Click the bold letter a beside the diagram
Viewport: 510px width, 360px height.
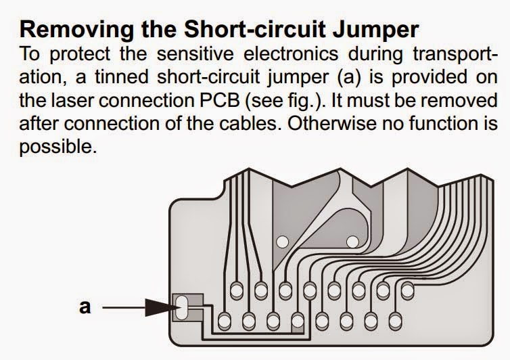click(85, 307)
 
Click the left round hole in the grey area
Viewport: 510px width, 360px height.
click(283, 241)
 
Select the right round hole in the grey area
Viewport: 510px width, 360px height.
click(351, 241)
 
